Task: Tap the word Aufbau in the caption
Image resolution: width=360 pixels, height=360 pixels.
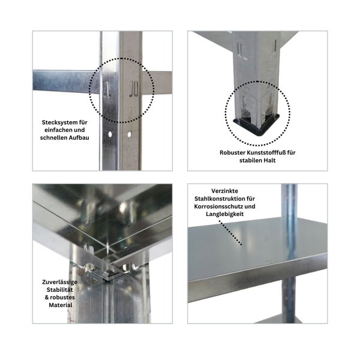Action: pos(80,137)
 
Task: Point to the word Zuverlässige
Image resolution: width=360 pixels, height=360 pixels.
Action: pos(59,282)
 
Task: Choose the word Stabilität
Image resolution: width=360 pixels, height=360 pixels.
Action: pos(59,290)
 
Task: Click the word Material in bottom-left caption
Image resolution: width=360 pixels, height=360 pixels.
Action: pos(61,305)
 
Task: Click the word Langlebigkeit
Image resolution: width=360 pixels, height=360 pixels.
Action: pos(224,214)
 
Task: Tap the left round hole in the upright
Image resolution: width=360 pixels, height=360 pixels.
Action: pos(110,134)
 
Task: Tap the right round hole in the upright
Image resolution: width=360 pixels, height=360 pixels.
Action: pos(130,134)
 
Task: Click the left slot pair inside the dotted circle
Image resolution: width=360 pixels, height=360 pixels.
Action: pos(106,89)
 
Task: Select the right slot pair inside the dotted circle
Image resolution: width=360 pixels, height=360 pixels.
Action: pos(133,88)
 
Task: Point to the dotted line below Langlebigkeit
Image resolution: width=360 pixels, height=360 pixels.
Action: pos(230,233)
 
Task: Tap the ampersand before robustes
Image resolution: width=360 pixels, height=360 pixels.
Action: pos(47,298)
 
